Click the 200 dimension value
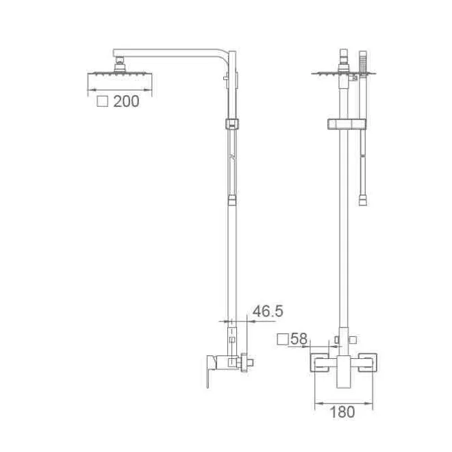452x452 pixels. [126, 101]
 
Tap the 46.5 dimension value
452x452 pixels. [268, 311]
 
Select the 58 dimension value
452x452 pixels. [299, 339]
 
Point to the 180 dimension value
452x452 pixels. [342, 412]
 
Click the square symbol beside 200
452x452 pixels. [102, 101]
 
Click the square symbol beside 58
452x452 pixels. [283, 339]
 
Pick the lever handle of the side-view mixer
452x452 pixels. [211, 371]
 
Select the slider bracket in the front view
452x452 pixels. [347, 124]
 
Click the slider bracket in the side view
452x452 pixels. [231, 123]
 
